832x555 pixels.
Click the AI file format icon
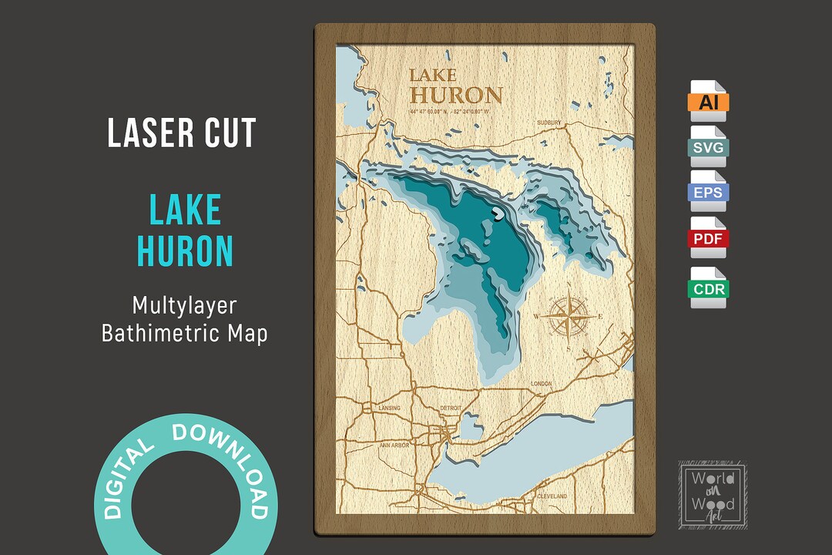pyautogui.click(x=708, y=101)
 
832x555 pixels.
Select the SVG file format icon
pyautogui.click(x=708, y=146)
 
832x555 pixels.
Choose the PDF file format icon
pyautogui.click(x=708, y=237)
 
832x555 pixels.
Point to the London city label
pyautogui.click(x=541, y=383)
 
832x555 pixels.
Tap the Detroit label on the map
pyautogui.click(x=450, y=407)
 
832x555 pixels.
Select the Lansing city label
pyautogui.click(x=390, y=407)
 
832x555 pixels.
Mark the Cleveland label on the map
pyautogui.click(x=552, y=495)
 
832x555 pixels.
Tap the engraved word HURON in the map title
pyautogui.click(x=456, y=96)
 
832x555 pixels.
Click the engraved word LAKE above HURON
pyautogui.click(x=432, y=76)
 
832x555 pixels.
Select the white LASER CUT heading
pyautogui.click(x=182, y=133)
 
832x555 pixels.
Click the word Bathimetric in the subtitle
pyautogui.click(x=158, y=335)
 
